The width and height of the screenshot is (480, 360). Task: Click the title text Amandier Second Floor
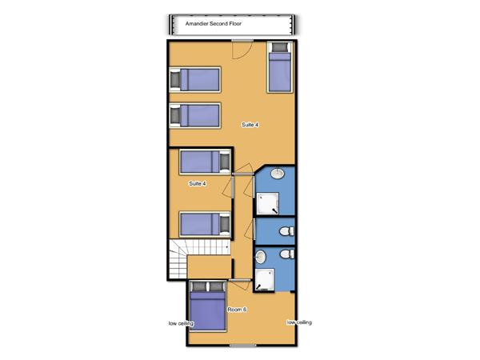[214, 23]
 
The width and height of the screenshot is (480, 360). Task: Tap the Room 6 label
[237, 310]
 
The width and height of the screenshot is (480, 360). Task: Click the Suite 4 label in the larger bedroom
[250, 125]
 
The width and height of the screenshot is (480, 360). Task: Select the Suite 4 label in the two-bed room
[198, 183]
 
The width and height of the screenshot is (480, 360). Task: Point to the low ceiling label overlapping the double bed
[182, 323]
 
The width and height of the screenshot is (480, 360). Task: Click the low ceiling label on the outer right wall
[299, 322]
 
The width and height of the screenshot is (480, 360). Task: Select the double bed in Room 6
[208, 306]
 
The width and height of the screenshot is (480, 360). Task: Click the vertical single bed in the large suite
[280, 67]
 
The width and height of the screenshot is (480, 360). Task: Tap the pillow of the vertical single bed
[280, 47]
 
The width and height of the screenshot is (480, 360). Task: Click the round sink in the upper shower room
[278, 174]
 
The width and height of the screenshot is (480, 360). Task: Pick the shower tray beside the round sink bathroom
[267, 203]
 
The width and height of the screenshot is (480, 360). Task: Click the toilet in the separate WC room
[287, 231]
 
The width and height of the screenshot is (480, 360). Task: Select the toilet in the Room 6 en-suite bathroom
[287, 254]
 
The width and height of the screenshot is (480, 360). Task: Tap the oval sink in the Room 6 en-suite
[261, 257]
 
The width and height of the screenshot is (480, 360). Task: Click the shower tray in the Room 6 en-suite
[265, 280]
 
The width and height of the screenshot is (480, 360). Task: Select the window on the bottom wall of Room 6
[242, 346]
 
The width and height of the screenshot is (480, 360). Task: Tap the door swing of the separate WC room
[249, 230]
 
